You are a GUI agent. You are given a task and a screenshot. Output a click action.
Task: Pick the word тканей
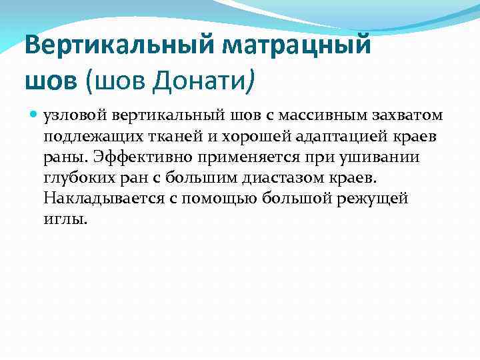point(167,137)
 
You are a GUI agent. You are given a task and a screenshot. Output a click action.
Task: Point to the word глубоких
point(74,179)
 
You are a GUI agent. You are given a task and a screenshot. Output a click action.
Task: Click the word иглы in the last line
point(64,219)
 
